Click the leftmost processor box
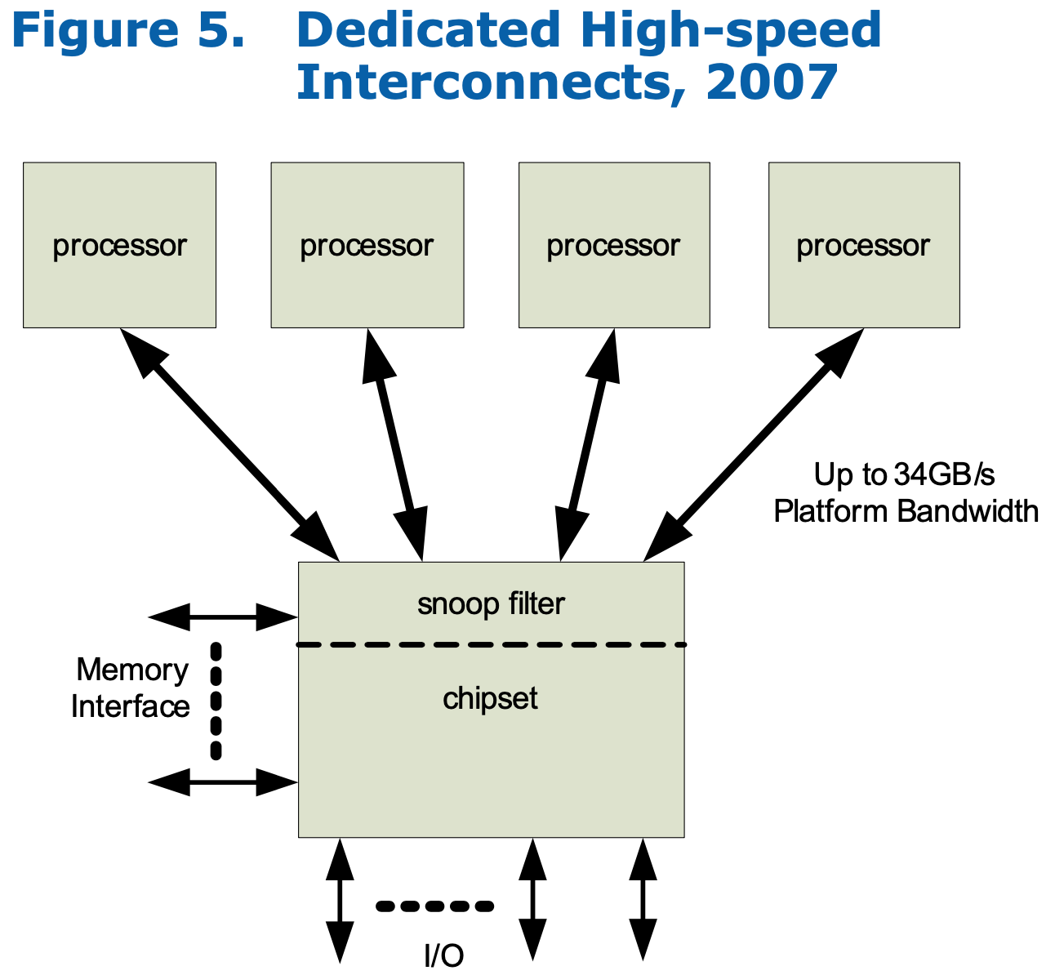click(x=119, y=245)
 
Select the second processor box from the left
click(x=367, y=245)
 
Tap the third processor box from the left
click(x=613, y=245)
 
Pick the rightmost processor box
click(x=863, y=245)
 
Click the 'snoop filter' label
click(x=491, y=604)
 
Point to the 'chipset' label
click(x=490, y=698)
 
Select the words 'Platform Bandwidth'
click(x=906, y=511)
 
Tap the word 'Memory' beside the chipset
click(x=132, y=670)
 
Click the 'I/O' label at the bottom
click(x=443, y=955)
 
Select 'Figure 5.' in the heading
click(x=128, y=30)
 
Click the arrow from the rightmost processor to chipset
click(x=753, y=445)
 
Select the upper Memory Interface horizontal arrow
click(x=223, y=617)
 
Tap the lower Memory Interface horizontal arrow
click(x=223, y=782)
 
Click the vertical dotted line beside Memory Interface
click(x=216, y=701)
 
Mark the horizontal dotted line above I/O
click(x=434, y=906)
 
